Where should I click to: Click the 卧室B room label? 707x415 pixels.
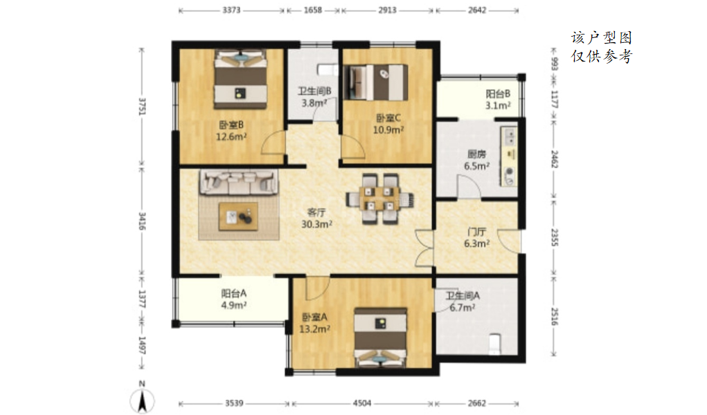[231, 124]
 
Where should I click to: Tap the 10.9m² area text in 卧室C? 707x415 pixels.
[388, 130]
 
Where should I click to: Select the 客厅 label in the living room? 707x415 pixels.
[316, 212]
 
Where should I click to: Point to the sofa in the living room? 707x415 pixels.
[238, 182]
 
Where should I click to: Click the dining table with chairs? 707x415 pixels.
[379, 199]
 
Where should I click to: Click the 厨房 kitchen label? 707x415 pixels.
[476, 154]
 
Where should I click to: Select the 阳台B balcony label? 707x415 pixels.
[498, 94]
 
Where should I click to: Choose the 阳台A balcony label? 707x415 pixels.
[233, 294]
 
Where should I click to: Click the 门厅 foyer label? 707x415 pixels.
[476, 232]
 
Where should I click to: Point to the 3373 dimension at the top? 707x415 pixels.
[231, 10]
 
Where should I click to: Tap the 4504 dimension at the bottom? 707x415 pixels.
[362, 403]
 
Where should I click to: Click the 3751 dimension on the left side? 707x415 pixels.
[141, 107]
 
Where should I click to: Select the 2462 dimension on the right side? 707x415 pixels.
[555, 159]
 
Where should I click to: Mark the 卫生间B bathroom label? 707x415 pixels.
[314, 91]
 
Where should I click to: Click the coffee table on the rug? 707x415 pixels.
[238, 216]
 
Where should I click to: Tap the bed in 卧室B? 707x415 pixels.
[240, 79]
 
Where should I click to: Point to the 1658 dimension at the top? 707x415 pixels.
[313, 10]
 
